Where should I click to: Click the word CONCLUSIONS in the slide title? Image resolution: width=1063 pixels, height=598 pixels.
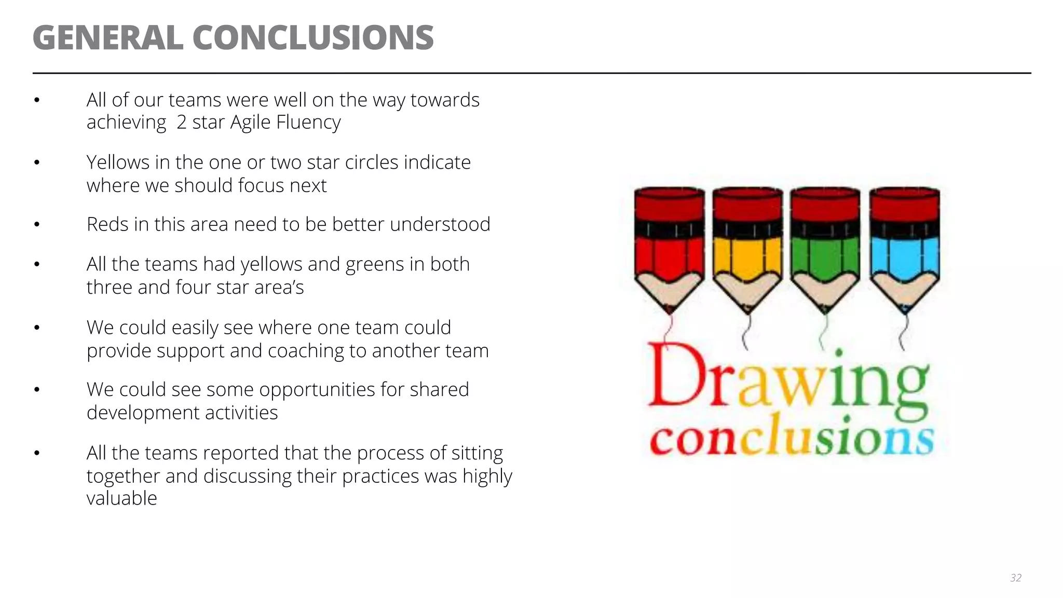click(313, 38)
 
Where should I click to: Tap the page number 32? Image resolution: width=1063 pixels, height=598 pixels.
click(1016, 578)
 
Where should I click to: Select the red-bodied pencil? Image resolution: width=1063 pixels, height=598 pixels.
click(670, 249)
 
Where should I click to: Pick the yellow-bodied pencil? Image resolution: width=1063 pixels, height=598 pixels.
click(747, 249)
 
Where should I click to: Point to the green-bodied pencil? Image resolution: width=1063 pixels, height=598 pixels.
click(825, 249)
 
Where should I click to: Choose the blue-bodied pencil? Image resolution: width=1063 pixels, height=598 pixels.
click(905, 249)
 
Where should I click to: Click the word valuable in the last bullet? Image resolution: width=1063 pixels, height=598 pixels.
click(121, 498)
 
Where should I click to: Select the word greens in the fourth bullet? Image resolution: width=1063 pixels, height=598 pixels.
click(374, 265)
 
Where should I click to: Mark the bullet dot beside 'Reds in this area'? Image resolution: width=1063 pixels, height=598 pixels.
click(37, 225)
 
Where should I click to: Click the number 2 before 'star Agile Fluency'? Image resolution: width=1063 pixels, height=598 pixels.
click(181, 123)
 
